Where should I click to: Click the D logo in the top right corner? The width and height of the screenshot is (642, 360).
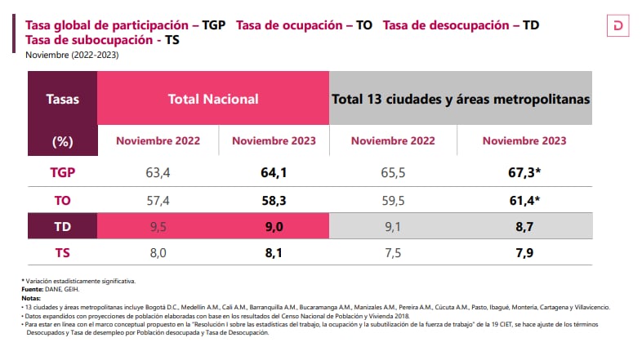tap(617, 27)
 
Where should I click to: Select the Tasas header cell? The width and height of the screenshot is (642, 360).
tap(63, 99)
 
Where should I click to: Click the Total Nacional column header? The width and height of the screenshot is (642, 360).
tap(213, 99)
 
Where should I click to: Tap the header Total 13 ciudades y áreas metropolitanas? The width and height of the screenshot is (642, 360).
tap(461, 99)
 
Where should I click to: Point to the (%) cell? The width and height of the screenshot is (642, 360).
tap(63, 140)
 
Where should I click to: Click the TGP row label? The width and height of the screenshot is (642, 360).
tap(63, 172)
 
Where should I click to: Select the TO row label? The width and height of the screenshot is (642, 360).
tap(63, 199)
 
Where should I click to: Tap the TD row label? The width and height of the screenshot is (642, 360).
tap(63, 226)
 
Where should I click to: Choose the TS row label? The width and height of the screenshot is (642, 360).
tap(63, 253)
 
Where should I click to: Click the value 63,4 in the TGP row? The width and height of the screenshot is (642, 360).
tap(158, 172)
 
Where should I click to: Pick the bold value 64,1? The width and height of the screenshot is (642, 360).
tap(273, 172)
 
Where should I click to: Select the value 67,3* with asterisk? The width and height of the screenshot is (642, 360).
tap(529, 172)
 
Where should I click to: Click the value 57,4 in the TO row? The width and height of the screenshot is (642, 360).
tap(158, 199)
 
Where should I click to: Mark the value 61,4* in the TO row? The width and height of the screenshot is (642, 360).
tap(529, 199)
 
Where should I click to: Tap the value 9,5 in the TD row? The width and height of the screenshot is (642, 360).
tap(158, 226)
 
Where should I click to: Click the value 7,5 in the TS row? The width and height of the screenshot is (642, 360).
tap(392, 253)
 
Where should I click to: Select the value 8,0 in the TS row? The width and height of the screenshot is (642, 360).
tap(158, 253)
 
